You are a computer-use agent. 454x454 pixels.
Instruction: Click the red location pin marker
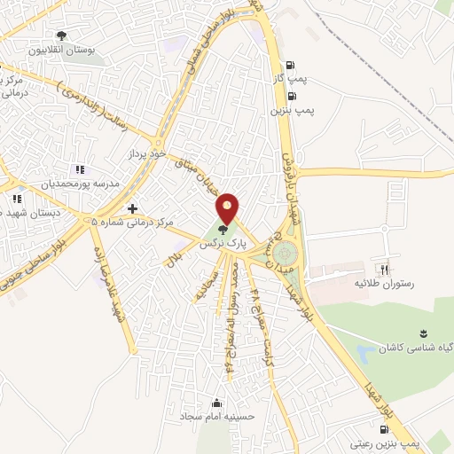228,208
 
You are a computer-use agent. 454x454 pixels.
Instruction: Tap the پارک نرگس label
221,242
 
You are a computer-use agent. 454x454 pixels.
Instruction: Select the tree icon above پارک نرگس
223,230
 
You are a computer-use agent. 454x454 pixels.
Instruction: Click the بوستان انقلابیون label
61,50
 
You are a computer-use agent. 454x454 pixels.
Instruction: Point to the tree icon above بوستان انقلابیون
61,36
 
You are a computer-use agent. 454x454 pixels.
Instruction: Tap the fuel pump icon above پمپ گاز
290,65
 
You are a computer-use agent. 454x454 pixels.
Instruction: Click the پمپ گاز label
289,78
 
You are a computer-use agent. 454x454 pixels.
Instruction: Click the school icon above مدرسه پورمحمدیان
80,169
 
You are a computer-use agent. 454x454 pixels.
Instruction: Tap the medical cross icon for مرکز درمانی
132,209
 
